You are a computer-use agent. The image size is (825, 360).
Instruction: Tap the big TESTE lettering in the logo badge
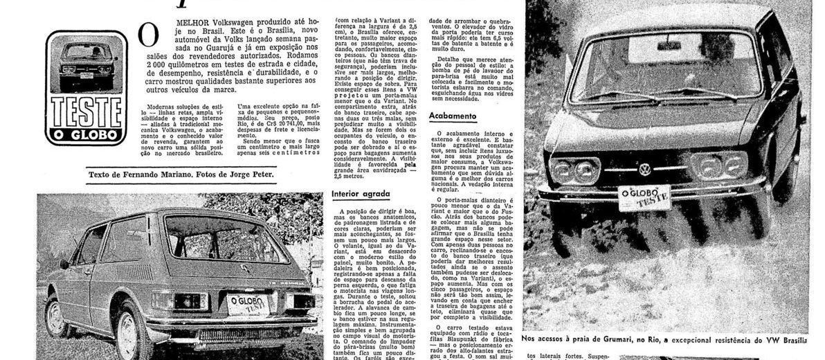click(87, 111)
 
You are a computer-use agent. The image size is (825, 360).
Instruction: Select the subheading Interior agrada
click(361, 195)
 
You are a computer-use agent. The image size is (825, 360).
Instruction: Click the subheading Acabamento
click(452, 116)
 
